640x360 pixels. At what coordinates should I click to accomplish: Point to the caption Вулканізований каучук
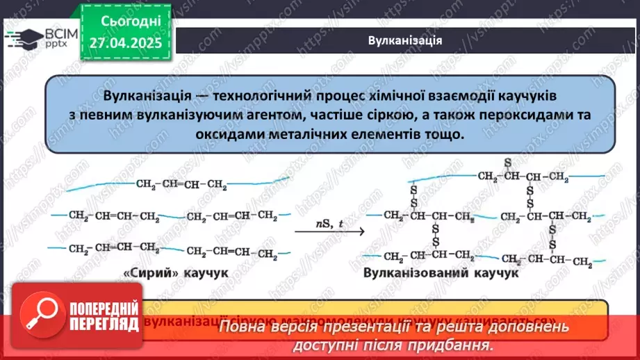tap(441, 274)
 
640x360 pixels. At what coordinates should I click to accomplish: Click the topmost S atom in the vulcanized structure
tap(508, 163)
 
